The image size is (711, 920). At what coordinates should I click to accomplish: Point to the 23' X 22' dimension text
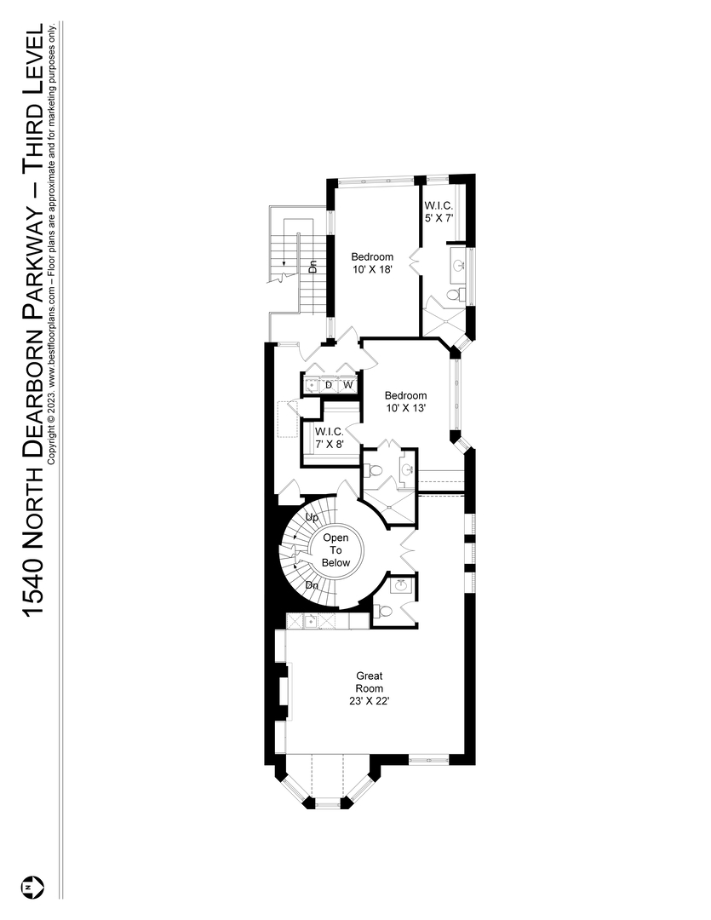tap(370, 701)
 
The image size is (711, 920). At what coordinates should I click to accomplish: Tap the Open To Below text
tap(335, 550)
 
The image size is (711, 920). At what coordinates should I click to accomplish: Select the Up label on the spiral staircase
tap(312, 517)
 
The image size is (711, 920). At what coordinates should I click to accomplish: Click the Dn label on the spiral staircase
tap(312, 586)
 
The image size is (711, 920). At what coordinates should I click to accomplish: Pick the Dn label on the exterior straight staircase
tap(312, 266)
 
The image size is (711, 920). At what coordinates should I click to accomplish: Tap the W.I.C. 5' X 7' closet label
tap(439, 211)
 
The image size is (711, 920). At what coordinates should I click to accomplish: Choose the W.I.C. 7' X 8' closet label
tap(329, 437)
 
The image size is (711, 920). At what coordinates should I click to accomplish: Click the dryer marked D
tap(329, 386)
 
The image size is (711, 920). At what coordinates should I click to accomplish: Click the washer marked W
tap(347, 386)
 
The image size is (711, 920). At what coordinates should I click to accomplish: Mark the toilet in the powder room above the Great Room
tap(385, 611)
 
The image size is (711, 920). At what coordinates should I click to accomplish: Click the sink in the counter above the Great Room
tap(311, 621)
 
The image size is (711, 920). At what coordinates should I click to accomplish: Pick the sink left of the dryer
tap(311, 386)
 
